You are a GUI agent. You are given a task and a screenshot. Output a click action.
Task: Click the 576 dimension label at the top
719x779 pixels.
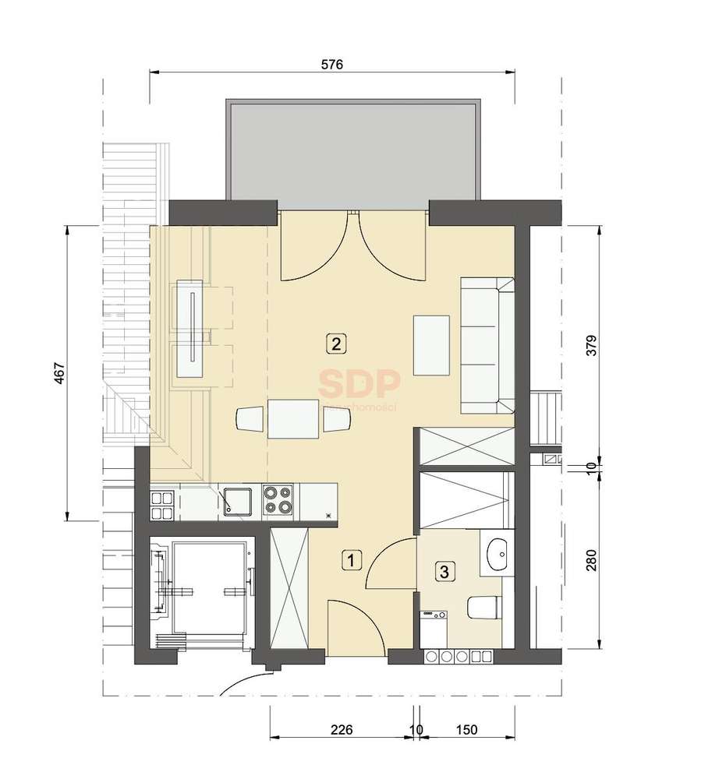[332, 65]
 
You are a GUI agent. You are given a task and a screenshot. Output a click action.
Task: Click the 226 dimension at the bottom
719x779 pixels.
[342, 730]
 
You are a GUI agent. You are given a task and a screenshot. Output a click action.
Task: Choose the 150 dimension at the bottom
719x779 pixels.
[466, 730]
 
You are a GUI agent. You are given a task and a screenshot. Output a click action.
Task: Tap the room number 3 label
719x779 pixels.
[445, 573]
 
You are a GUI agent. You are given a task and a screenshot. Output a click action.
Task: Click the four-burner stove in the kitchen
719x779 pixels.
[278, 500]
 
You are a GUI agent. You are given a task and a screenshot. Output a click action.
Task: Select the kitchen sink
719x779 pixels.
[235, 500]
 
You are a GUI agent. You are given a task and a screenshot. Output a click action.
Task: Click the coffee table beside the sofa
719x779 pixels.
[432, 345]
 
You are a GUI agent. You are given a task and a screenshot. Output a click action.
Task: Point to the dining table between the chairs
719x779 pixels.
[293, 419]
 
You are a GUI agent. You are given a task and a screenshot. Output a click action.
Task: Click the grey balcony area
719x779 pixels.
[352, 153]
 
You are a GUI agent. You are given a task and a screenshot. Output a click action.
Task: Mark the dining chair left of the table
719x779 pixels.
[250, 419]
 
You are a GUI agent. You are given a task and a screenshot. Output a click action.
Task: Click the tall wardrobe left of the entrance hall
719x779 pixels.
[289, 589]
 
